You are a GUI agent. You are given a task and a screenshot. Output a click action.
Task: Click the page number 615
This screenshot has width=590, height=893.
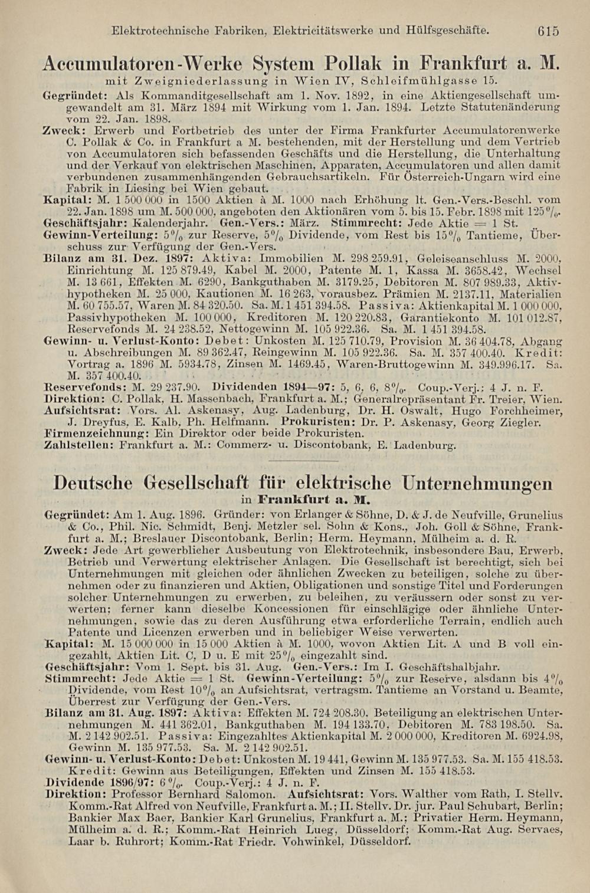click(548, 31)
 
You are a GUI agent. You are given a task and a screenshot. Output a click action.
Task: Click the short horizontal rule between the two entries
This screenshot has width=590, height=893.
click(302, 461)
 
